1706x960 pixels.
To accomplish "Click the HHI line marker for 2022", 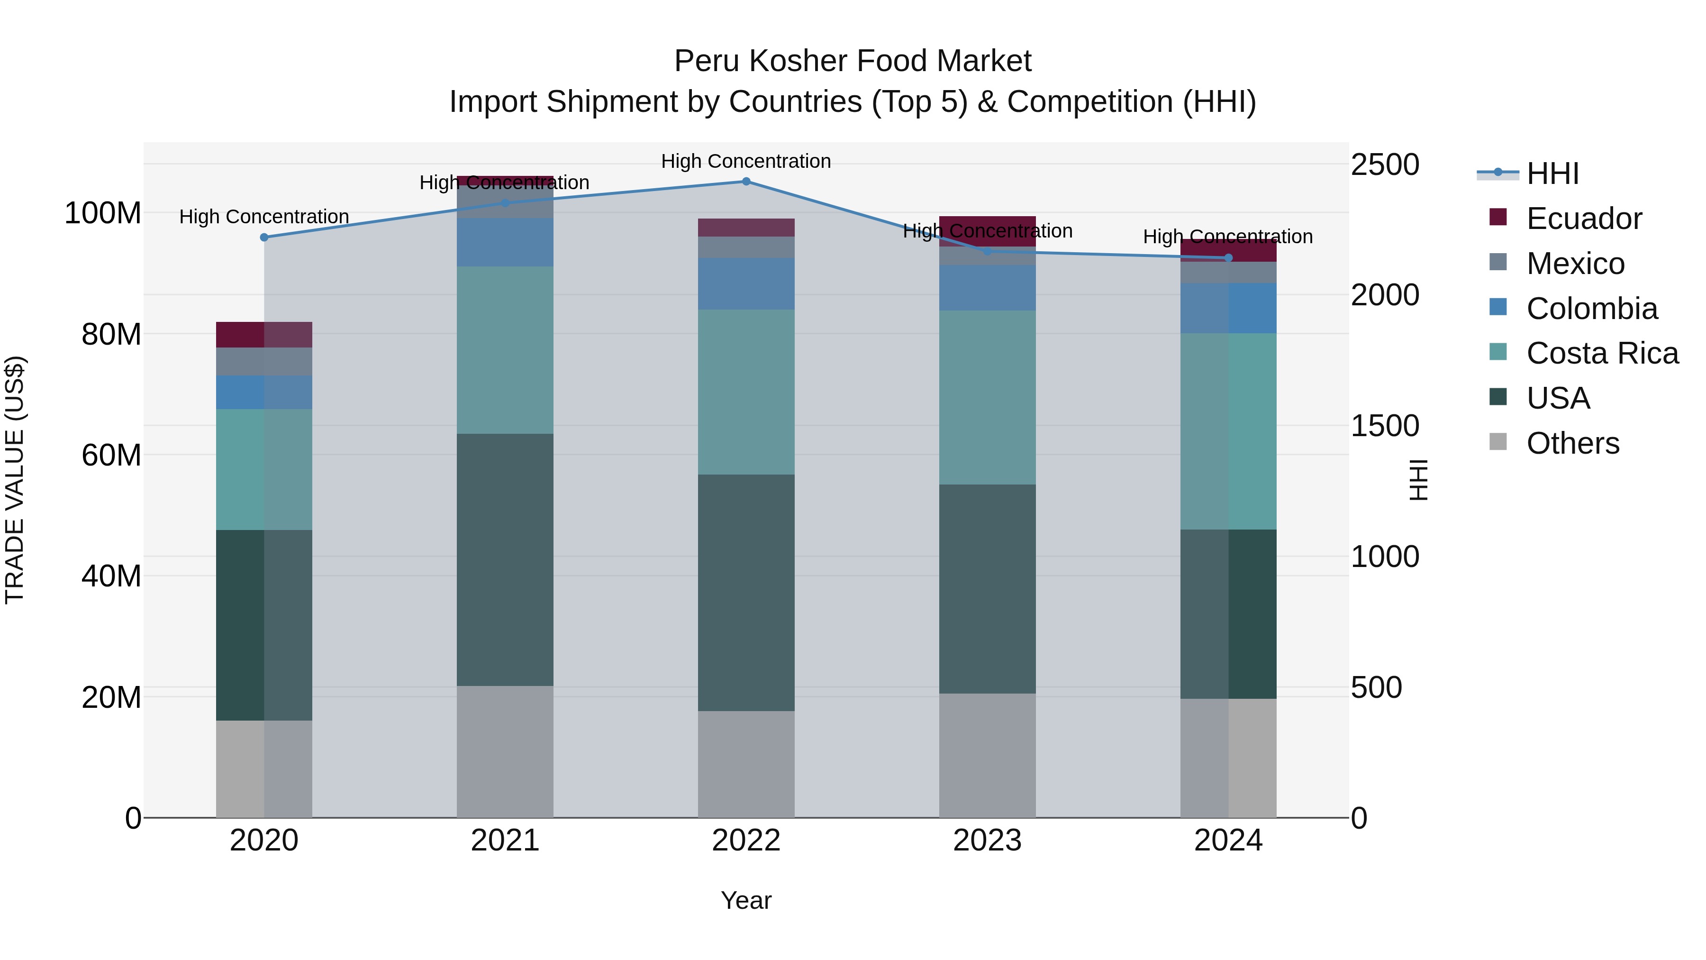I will click(x=746, y=182).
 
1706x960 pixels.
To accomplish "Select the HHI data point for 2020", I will click(x=264, y=237).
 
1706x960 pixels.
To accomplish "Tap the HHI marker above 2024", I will click(x=1228, y=258).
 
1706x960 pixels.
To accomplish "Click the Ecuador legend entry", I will click(x=1583, y=219).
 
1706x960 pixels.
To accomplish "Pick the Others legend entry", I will click(x=1573, y=443).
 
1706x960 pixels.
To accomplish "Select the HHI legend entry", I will click(x=1552, y=174).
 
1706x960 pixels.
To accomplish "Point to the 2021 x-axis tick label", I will click(x=505, y=841).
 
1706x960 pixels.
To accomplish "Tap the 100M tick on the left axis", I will click(x=103, y=213).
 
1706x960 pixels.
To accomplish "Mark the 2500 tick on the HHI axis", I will click(x=1385, y=165).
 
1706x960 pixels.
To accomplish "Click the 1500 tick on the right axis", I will click(x=1385, y=426).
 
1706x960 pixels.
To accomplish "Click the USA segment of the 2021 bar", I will click(x=505, y=560).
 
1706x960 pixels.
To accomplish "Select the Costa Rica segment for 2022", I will click(x=746, y=392).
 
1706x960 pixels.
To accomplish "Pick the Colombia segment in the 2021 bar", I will click(x=505, y=242).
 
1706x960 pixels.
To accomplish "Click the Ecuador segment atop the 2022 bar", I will click(x=746, y=227).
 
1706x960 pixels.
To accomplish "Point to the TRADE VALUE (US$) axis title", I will click(x=15, y=480).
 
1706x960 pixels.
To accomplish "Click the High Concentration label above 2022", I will click(x=746, y=161).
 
